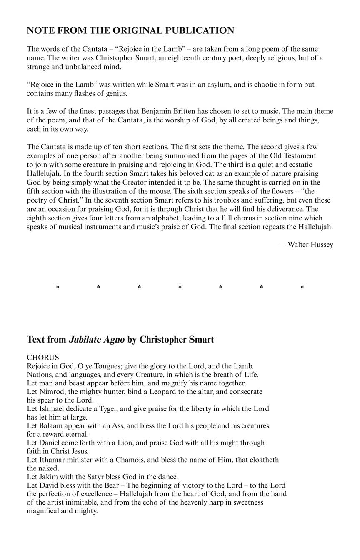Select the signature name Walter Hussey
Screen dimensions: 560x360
(310, 245)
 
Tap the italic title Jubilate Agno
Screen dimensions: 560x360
(97, 340)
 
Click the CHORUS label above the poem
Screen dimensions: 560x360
(43, 357)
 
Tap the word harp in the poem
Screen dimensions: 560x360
(215, 502)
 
